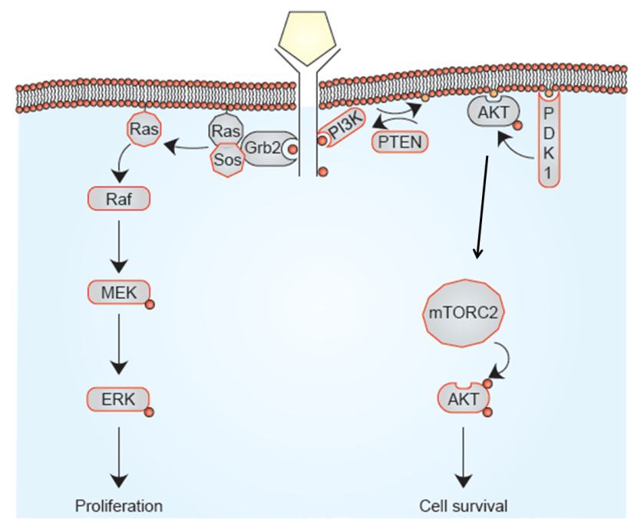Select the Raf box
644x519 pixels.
(x=119, y=200)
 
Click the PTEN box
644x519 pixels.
(x=399, y=142)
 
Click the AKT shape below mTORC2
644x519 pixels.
(x=462, y=399)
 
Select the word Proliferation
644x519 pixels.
(x=119, y=506)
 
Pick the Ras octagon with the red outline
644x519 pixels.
(x=144, y=129)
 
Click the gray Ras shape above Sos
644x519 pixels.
(x=226, y=131)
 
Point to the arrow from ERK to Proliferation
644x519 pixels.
(x=119, y=456)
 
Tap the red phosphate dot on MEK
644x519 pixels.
(x=150, y=304)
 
